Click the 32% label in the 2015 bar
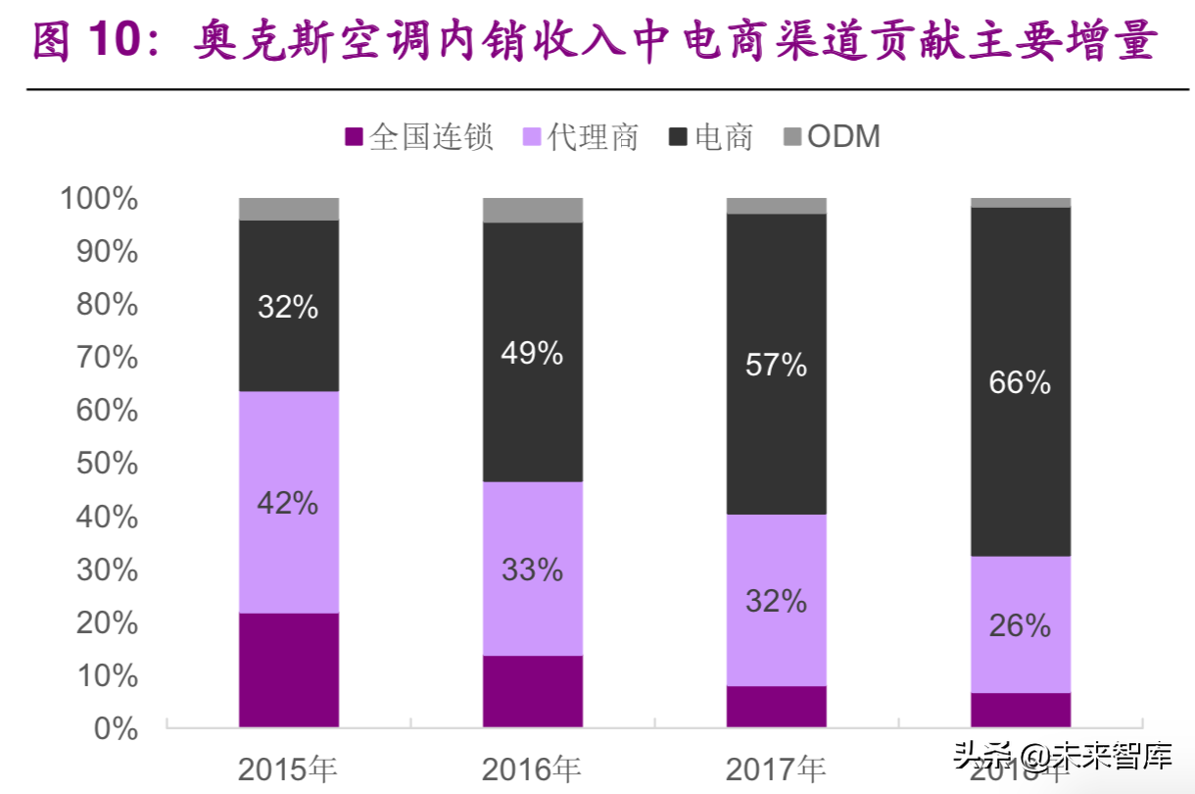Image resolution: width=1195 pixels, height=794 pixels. click(288, 307)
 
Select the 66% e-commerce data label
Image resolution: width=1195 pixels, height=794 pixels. click(1020, 382)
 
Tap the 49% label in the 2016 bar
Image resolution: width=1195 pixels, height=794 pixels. click(532, 353)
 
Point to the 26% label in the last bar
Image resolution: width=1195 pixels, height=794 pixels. click(1020, 625)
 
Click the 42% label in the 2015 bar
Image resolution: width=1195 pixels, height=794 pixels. click(288, 503)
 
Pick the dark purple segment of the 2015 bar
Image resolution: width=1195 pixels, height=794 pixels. click(289, 670)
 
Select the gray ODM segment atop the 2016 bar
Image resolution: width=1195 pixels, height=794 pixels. click(533, 210)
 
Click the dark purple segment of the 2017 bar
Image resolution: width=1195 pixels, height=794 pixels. click(776, 706)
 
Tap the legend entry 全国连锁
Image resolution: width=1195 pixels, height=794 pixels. click(418, 136)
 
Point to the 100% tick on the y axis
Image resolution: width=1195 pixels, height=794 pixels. click(99, 199)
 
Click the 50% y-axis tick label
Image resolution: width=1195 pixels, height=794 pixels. click(107, 464)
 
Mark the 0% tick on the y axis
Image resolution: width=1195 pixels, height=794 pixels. click(116, 728)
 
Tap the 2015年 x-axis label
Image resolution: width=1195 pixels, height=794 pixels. click(288, 769)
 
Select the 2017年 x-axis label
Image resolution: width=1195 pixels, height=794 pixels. click(776, 769)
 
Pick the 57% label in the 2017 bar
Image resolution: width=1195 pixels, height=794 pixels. click(776, 365)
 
